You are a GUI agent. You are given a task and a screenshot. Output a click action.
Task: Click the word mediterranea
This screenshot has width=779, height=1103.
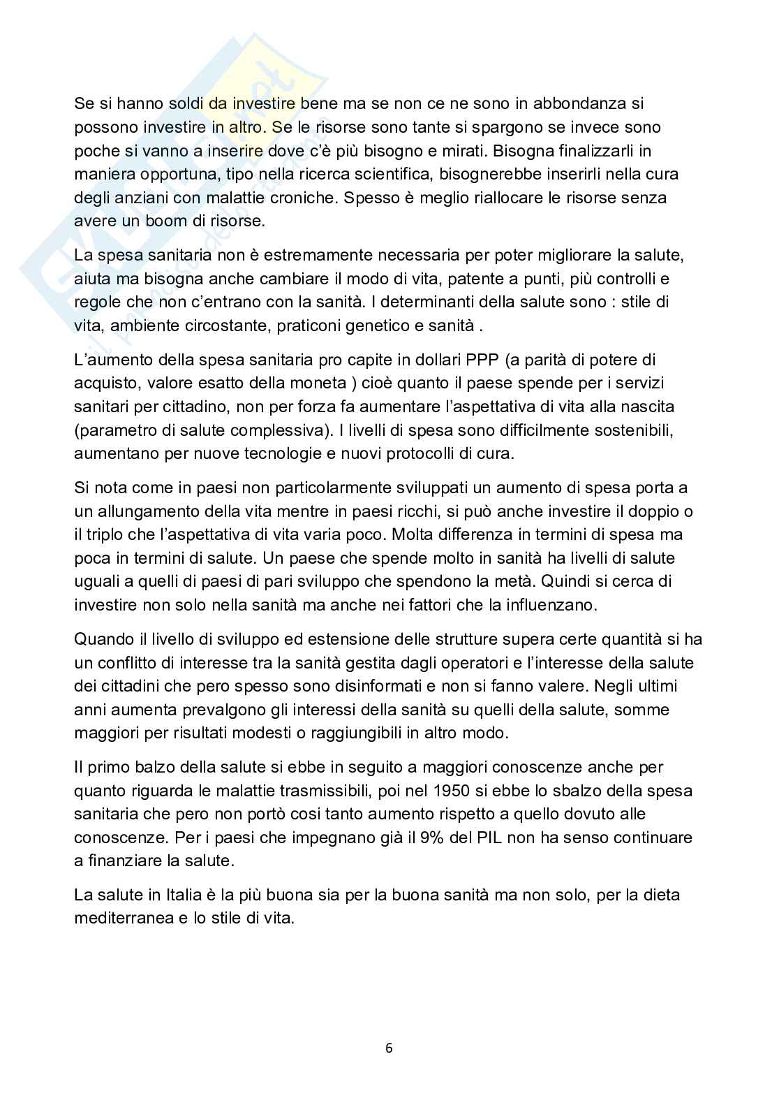pos(122,919)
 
